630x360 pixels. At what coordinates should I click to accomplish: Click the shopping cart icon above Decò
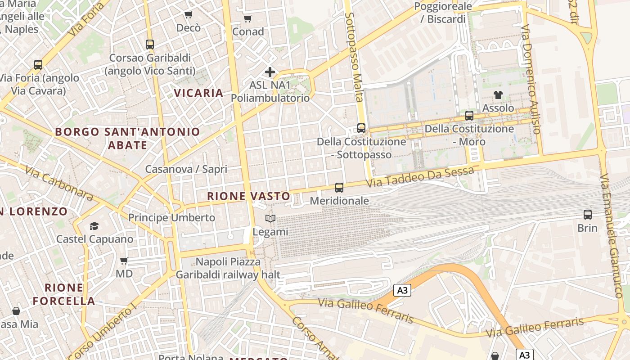point(189,15)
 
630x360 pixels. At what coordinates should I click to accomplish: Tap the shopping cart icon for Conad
point(247,18)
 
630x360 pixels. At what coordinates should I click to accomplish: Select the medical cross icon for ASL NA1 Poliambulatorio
point(270,72)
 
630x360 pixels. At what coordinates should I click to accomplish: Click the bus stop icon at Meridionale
point(339,188)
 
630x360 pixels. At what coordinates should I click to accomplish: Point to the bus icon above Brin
point(588,215)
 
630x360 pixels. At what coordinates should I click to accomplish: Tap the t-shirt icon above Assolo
point(498,94)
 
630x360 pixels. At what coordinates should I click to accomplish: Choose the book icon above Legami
point(270,219)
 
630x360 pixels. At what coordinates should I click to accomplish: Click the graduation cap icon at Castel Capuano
point(94,226)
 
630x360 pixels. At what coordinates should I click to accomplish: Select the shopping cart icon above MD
point(124,261)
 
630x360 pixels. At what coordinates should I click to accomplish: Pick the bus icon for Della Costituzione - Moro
point(469,116)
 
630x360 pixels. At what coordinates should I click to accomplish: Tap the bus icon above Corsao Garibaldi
point(150,45)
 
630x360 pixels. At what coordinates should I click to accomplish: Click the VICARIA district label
point(198,93)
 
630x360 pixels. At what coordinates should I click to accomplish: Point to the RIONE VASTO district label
point(248,196)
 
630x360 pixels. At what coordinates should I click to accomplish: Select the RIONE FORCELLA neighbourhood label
point(63,294)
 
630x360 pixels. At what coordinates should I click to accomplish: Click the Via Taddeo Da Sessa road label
point(419,177)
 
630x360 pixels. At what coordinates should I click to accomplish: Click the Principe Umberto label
point(172,218)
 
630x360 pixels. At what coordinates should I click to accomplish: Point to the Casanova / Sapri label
point(186,169)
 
